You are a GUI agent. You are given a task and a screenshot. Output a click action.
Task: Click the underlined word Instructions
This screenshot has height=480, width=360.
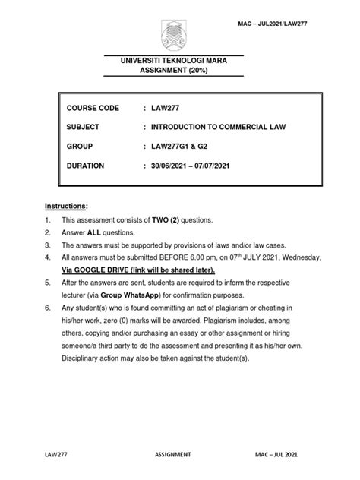[65, 206]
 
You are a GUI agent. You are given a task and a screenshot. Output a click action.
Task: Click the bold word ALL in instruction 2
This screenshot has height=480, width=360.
[109, 232]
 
